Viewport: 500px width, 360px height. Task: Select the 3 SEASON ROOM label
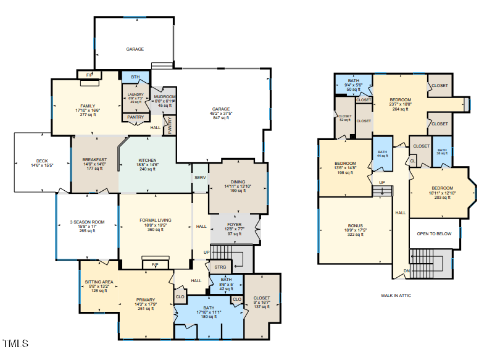click(x=87, y=222)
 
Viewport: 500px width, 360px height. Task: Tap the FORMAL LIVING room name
click(x=156, y=220)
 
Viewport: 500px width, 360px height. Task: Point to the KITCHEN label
click(x=148, y=160)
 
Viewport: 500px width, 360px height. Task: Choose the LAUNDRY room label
click(x=135, y=94)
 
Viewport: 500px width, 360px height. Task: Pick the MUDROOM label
click(x=165, y=97)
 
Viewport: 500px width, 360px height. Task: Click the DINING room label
click(x=238, y=182)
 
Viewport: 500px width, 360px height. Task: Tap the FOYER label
click(x=235, y=225)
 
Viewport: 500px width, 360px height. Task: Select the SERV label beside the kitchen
click(x=200, y=177)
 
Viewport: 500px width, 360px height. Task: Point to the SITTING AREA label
click(x=99, y=282)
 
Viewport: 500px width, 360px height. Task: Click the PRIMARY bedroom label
click(x=146, y=300)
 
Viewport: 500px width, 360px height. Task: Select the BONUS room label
click(x=355, y=226)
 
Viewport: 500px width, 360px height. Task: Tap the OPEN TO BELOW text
click(x=434, y=234)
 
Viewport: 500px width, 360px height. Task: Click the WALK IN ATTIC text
click(x=396, y=296)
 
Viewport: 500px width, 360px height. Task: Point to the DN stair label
click(x=406, y=271)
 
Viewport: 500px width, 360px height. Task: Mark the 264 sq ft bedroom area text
click(x=400, y=109)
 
